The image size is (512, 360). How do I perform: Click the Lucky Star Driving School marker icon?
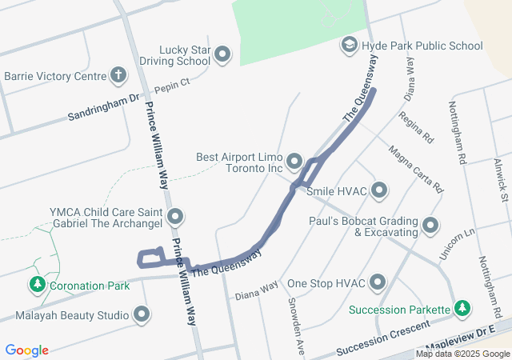click(222, 55)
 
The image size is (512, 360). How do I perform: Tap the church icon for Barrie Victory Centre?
click(118, 76)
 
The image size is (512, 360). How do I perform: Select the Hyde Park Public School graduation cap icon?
click(349, 46)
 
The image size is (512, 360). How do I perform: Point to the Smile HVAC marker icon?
click(379, 191)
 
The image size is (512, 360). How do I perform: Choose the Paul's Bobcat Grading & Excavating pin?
click(431, 226)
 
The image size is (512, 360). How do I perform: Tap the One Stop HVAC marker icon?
click(377, 283)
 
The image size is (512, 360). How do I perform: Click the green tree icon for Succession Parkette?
click(462, 308)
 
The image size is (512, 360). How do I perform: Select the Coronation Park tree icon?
click(37, 285)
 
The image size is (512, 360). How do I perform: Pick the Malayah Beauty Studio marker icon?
click(142, 314)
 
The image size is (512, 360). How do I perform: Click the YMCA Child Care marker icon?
click(176, 217)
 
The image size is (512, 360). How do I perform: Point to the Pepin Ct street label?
click(172, 85)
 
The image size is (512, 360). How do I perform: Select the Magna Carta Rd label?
click(416, 170)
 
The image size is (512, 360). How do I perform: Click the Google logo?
click(27, 350)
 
